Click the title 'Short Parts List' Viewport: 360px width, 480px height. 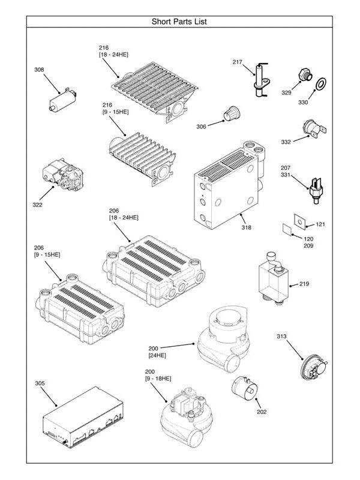tap(181, 22)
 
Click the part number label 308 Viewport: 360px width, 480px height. tap(39, 70)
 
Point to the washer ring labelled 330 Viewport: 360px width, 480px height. tap(322, 82)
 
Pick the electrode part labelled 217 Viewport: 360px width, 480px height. tap(260, 79)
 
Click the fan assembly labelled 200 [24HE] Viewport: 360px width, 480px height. tap(223, 337)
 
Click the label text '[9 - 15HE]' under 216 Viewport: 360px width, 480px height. tap(114, 112)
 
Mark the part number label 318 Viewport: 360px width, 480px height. tap(246, 227)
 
